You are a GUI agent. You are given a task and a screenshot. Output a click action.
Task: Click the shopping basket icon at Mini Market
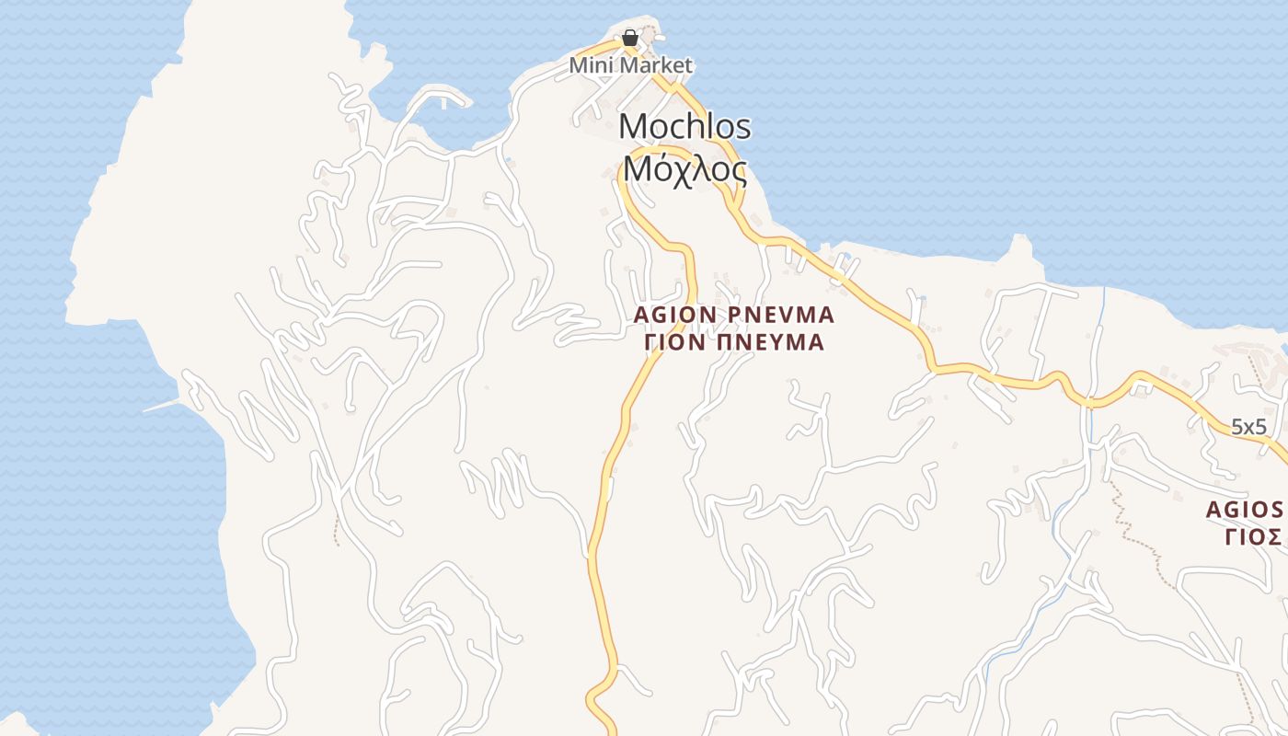tap(629, 38)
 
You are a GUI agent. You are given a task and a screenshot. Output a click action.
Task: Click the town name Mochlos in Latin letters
tap(684, 127)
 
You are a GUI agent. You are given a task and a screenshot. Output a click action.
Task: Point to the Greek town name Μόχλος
tap(684, 170)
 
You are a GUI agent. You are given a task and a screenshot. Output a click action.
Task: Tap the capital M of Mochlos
tap(634, 127)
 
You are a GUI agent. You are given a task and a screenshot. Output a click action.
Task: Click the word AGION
tap(675, 315)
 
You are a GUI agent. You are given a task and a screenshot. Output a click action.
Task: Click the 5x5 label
tap(1249, 426)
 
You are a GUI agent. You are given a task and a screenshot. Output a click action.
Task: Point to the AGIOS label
tap(1244, 509)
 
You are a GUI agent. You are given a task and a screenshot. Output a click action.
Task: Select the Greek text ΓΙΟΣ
tap(1254, 536)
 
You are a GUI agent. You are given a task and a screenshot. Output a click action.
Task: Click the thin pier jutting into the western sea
tap(166, 404)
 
